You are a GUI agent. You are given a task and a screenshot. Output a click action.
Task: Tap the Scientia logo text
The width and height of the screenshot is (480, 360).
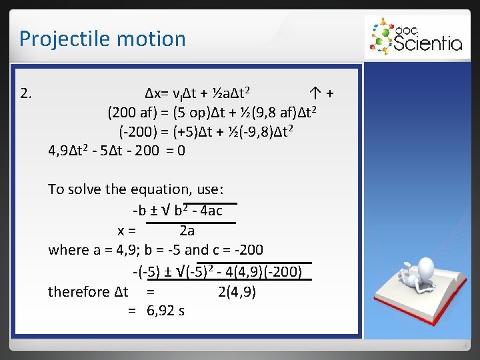coord(427,43)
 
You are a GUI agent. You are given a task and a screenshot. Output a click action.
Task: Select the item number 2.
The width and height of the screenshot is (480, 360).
coord(26,92)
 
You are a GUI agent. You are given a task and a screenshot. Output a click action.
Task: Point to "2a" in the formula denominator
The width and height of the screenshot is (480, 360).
coord(187,231)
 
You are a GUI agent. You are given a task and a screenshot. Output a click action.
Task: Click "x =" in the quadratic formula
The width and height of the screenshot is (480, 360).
coord(127,231)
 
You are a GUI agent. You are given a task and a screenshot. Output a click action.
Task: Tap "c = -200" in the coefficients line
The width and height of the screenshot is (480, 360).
coord(237,250)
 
